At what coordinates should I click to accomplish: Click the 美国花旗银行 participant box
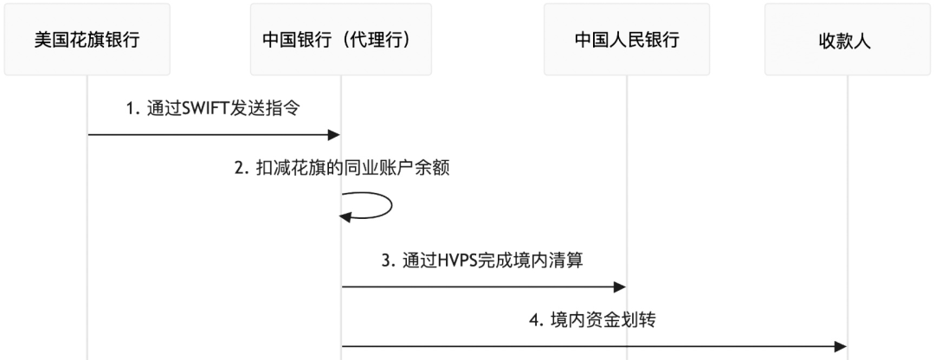[x=87, y=40]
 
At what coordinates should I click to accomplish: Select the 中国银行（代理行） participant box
[x=341, y=40]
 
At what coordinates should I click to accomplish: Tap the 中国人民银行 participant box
[x=627, y=40]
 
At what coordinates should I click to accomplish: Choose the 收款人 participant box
[x=848, y=40]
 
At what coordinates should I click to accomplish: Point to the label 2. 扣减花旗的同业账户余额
[x=342, y=169]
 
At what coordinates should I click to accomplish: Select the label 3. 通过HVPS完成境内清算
[x=485, y=260]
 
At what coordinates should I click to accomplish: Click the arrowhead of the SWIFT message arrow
[x=333, y=134]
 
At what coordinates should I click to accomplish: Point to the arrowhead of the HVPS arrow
[x=620, y=286]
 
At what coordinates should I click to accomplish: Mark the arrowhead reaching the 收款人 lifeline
[x=840, y=346]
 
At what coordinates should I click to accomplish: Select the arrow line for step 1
[x=208, y=134]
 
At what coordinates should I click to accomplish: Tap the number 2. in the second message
[x=242, y=169]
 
